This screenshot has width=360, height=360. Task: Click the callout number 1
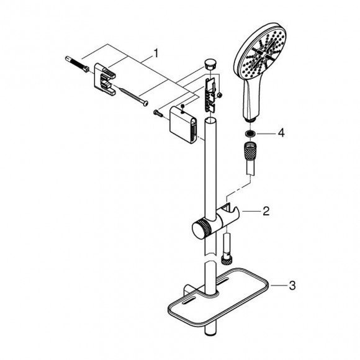coord(156,54)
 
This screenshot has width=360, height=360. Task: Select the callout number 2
coord(266,212)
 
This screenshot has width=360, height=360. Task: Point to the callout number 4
coord(281,132)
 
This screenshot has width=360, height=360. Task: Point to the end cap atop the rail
coord(210,64)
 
